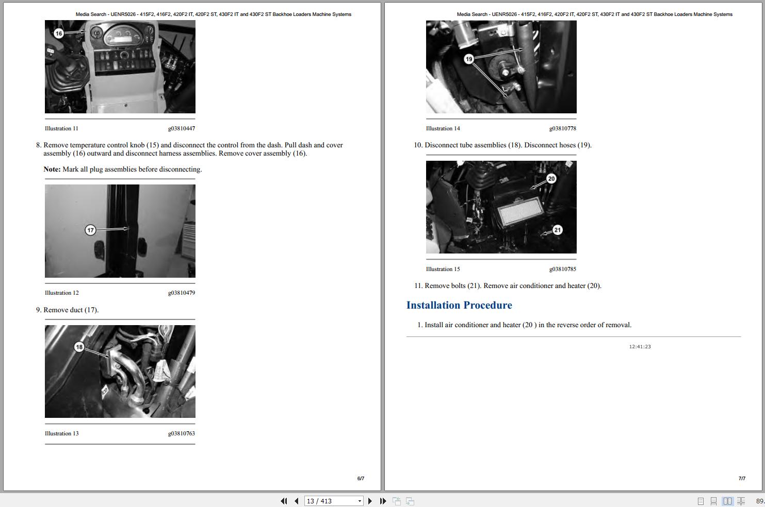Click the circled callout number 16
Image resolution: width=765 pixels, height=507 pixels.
[58, 33]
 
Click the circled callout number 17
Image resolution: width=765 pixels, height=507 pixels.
[90, 230]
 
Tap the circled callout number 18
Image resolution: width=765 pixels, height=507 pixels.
[79, 347]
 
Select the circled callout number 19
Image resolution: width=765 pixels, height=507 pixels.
[468, 59]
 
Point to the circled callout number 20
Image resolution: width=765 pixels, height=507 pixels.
[551, 179]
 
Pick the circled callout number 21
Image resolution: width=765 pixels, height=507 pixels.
[557, 230]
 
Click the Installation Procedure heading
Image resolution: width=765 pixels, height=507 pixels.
[459, 305]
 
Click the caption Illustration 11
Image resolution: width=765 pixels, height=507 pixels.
[61, 128]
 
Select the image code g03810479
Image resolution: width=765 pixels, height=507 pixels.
[181, 293]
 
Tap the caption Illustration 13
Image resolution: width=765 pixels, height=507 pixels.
[61, 433]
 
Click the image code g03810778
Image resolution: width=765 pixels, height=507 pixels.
[562, 128]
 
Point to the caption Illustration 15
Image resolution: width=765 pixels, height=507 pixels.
[443, 269]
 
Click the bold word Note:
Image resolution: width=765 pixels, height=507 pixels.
[52, 169]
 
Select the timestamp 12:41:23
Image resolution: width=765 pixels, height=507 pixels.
[640, 347]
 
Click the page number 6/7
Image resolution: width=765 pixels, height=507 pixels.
[361, 478]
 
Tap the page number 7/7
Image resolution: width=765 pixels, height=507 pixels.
[741, 478]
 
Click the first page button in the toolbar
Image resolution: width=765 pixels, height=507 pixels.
[284, 501]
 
